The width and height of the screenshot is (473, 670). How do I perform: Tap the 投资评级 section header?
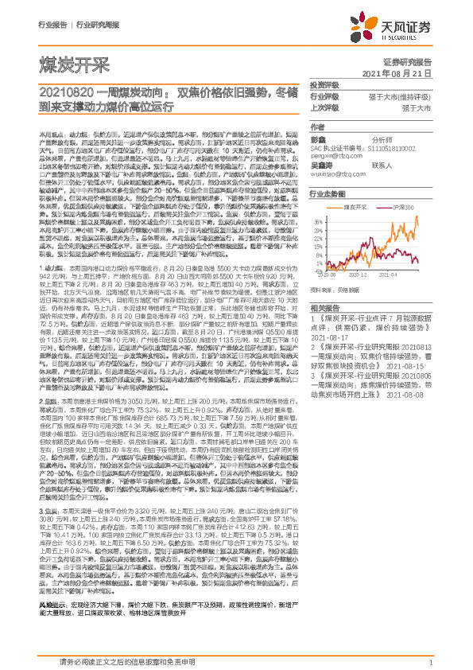click(x=324, y=84)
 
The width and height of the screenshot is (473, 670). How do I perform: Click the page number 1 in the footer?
click(x=429, y=661)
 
